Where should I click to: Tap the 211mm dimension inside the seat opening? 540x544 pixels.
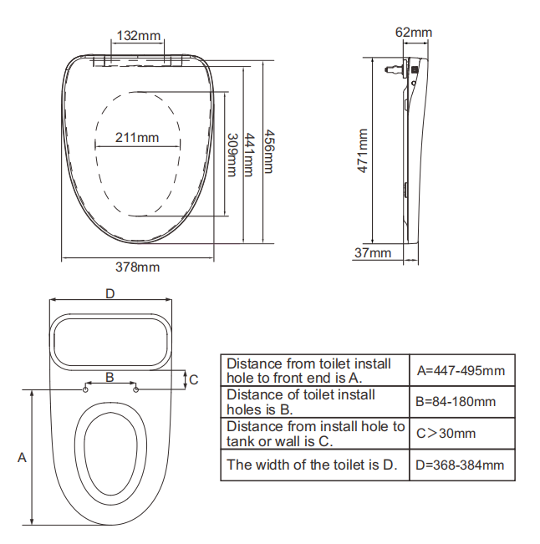tap(137, 138)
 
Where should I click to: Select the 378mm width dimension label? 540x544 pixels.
tap(137, 267)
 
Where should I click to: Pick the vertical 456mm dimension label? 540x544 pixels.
tap(268, 150)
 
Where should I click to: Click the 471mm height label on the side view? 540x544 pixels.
tap(363, 150)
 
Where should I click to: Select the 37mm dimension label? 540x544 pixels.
tap(373, 252)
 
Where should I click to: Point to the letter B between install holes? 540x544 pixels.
tap(110, 377)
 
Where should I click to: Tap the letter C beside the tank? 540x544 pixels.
tap(193, 379)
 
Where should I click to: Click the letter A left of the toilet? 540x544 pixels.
tap(22, 457)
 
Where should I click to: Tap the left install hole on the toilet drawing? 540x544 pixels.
tap(87, 388)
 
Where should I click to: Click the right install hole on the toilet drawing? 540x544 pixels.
tap(135, 388)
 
